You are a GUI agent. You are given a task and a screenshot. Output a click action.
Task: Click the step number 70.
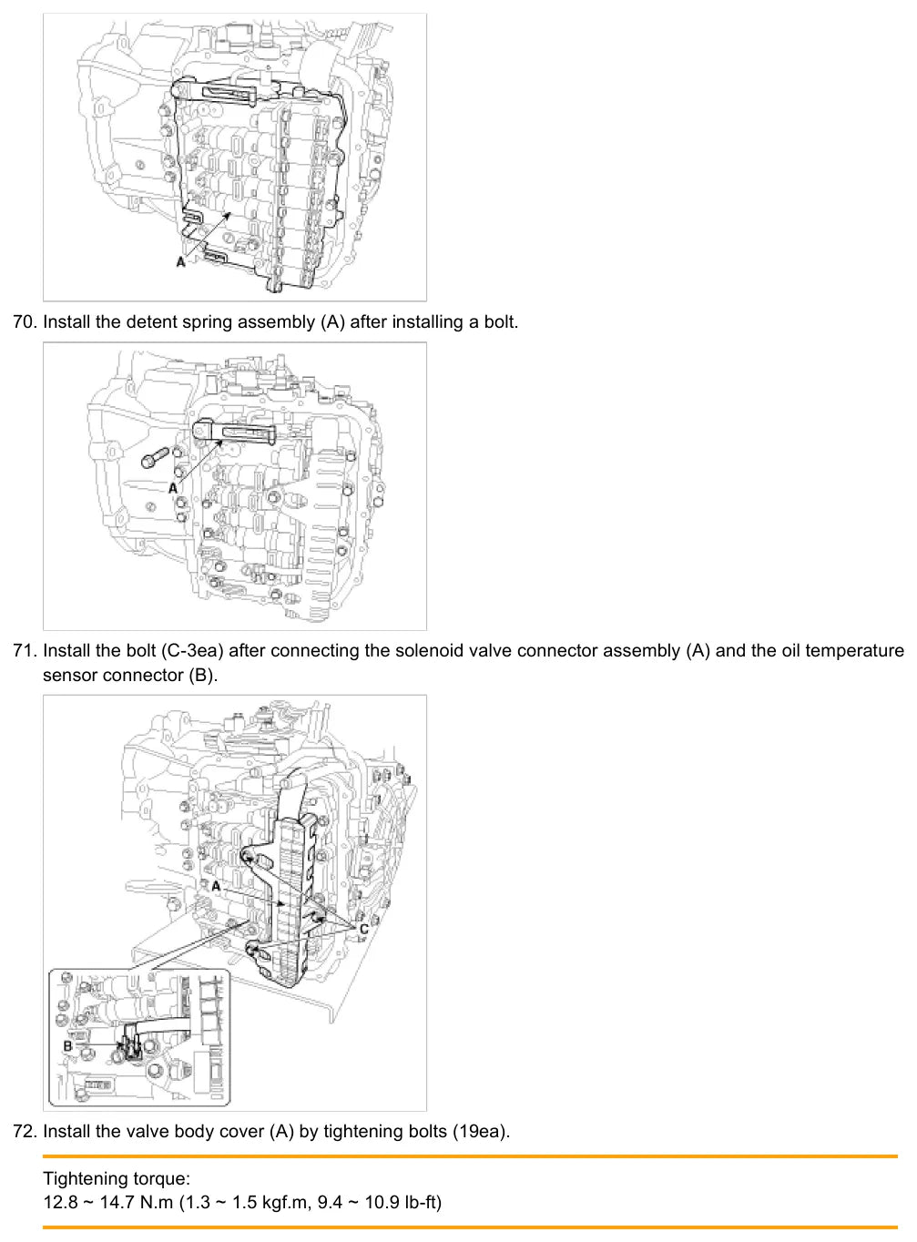[25, 322]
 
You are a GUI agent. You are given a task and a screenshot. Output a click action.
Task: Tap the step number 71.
[25, 651]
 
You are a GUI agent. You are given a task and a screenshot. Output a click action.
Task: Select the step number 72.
[25, 1131]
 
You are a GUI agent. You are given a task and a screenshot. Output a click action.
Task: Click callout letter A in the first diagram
[180, 261]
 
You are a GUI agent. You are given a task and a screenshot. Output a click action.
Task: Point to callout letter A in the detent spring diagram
[173, 488]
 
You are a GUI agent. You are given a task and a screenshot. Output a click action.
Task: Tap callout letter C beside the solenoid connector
[363, 929]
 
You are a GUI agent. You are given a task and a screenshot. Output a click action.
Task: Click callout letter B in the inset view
[67, 1046]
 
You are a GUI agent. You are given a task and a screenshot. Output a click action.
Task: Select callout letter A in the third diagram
[216, 886]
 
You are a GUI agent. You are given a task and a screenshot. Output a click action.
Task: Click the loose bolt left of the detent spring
[155, 457]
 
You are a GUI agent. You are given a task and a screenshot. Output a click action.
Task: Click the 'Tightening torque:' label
[117, 1178]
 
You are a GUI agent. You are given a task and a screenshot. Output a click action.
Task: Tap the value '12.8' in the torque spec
[60, 1202]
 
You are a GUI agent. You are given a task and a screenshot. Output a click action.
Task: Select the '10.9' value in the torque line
[382, 1202]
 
